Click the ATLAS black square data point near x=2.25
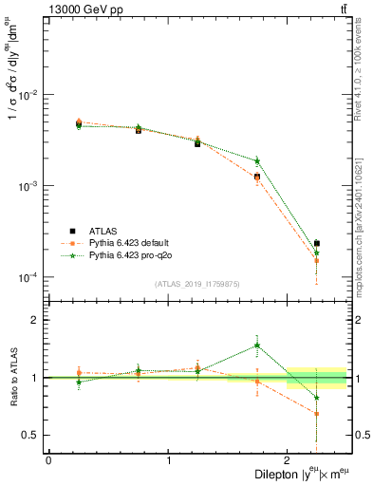pyautogui.click(x=317, y=244)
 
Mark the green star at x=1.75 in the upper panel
pyautogui.click(x=257, y=160)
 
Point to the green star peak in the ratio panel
pyautogui.click(x=257, y=346)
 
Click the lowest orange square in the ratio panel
pyautogui.click(x=317, y=414)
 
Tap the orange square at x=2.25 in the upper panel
pyautogui.click(x=317, y=260)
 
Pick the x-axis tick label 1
pyautogui.click(x=168, y=460)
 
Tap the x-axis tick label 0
pyautogui.click(x=48, y=460)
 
